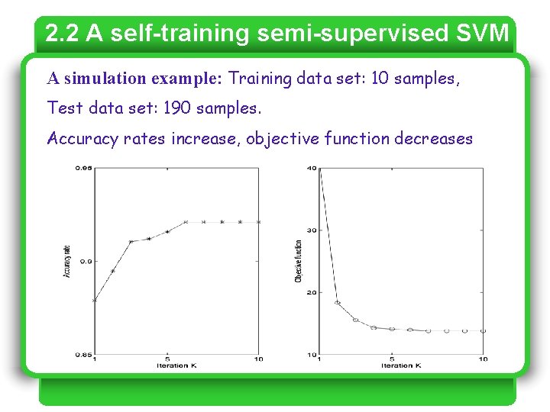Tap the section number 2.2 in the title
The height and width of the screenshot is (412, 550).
63,34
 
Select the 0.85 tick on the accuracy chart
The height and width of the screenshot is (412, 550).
82,355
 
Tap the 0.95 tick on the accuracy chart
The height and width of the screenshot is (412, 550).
82,168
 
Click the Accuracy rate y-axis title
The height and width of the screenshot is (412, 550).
67,261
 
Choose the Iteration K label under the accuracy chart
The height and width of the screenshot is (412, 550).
176,365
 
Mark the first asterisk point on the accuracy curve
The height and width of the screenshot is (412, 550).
95,301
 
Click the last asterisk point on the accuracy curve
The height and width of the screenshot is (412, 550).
259,222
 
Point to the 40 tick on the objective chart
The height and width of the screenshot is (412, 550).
312,168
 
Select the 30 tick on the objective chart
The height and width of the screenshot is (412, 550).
312,230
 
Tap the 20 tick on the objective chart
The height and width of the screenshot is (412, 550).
312,293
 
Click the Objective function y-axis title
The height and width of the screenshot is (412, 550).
298,262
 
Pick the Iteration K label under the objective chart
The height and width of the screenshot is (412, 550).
401,365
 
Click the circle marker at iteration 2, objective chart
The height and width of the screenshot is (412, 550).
337,303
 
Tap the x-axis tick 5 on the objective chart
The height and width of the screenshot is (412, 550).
392,359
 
